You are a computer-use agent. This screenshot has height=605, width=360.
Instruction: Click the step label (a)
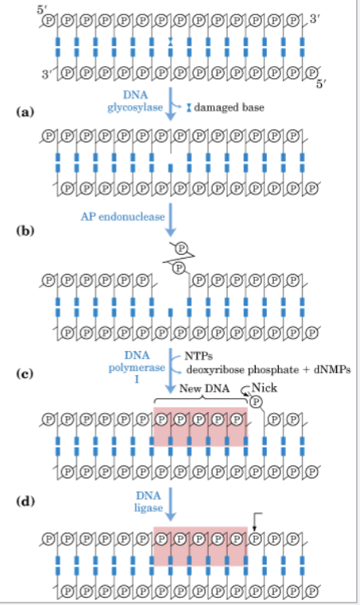(x=25, y=112)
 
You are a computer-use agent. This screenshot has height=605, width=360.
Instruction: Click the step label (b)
(x=25, y=230)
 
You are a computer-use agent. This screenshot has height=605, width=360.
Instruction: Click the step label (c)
(x=25, y=373)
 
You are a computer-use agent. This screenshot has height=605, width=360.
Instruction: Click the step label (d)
(x=25, y=502)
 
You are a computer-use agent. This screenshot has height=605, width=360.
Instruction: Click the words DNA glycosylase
(x=135, y=101)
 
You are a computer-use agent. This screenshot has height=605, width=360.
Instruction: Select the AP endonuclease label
(x=123, y=217)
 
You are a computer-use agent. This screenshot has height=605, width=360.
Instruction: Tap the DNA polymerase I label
(x=136, y=367)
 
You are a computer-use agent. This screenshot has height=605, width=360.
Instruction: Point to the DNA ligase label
(x=149, y=502)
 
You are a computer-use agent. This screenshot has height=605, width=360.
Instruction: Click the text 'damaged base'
(x=229, y=107)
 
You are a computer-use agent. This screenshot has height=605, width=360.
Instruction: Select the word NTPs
(x=198, y=356)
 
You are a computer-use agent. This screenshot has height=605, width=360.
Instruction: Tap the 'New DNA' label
(x=204, y=388)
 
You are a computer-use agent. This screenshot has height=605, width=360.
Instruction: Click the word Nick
(x=264, y=388)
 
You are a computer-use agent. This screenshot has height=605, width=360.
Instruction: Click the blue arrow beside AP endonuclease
(x=170, y=220)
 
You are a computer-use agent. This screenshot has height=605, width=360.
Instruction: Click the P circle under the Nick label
(x=256, y=403)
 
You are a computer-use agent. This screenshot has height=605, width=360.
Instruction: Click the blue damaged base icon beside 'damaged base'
(x=189, y=107)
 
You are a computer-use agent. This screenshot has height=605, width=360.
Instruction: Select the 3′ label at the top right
(x=315, y=18)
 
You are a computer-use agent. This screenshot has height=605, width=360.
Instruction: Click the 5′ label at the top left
(x=42, y=10)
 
